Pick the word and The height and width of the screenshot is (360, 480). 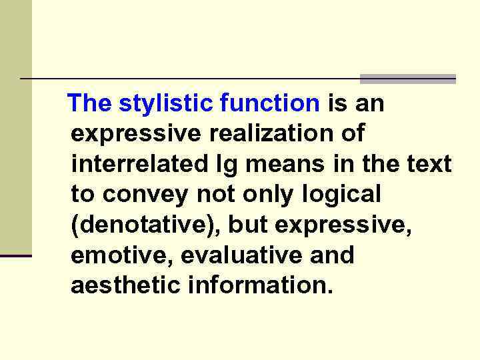click(x=331, y=255)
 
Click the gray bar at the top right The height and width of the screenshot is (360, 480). click(x=407, y=79)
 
